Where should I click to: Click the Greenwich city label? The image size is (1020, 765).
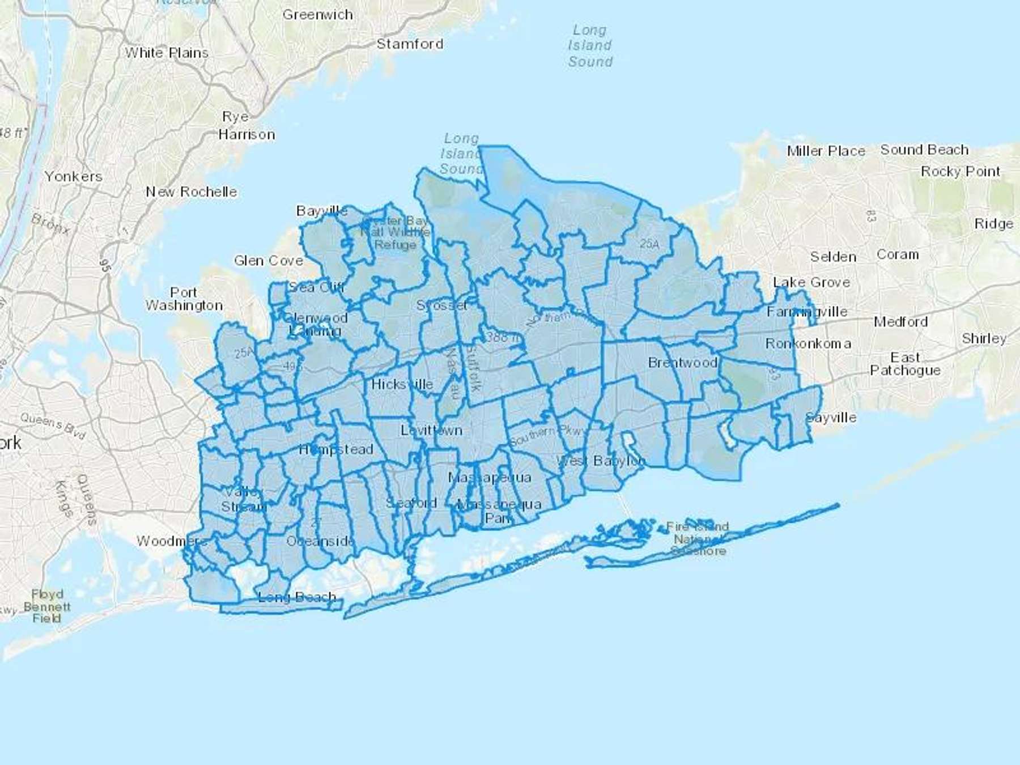point(317,15)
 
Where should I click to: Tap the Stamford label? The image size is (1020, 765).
point(410,44)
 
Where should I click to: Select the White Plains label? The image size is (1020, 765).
point(167,53)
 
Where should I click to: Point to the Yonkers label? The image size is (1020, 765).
point(74,176)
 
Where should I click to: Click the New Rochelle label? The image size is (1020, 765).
point(192,192)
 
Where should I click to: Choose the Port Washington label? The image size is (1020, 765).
point(184,299)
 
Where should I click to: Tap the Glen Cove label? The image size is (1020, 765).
point(269,261)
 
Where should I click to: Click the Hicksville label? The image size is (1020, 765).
point(402,384)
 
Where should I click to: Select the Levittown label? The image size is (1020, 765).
point(431,430)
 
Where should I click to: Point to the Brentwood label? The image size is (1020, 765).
point(682,363)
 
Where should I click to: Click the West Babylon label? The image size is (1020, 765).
point(601,460)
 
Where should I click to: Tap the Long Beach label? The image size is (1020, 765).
point(297,597)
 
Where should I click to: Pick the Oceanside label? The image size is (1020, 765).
point(320,541)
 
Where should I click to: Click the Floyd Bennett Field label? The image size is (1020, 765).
point(46,606)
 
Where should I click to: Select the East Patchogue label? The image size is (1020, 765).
point(905,364)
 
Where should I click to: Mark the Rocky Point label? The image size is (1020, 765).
point(960,171)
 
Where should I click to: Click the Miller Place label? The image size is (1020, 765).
point(826,151)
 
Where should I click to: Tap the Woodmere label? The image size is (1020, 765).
point(172,541)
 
